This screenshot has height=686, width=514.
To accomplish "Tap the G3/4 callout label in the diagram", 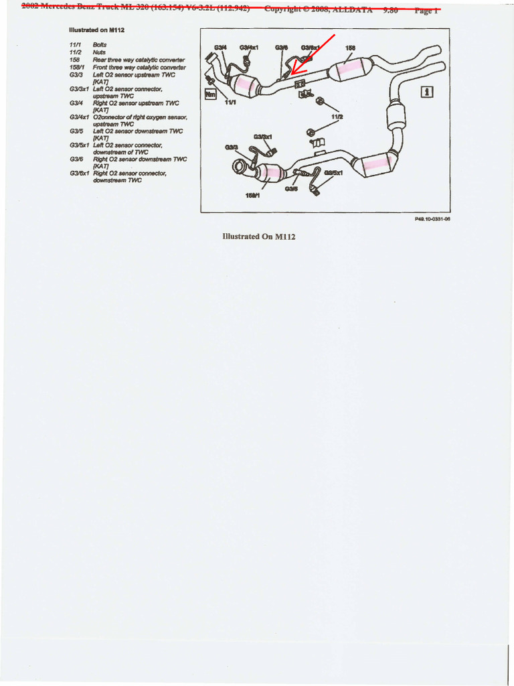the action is pyautogui.click(x=220, y=48).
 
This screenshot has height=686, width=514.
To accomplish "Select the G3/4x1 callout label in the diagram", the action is pyautogui.click(x=249, y=48).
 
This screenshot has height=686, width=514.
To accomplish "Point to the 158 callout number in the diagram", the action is pyautogui.click(x=350, y=48).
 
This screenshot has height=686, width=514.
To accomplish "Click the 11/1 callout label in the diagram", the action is pyautogui.click(x=230, y=102).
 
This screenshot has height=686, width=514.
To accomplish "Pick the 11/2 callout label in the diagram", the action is pyautogui.click(x=337, y=117).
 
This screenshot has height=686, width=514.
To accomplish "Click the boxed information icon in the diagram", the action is pyautogui.click(x=426, y=92).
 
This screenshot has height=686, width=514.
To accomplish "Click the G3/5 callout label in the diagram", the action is pyautogui.click(x=291, y=189).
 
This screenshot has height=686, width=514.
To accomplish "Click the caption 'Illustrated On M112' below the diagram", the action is pyautogui.click(x=258, y=236).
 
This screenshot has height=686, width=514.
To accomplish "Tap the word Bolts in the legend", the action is pyautogui.click(x=100, y=44).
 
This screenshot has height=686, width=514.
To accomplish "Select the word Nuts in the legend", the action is pyautogui.click(x=99, y=52).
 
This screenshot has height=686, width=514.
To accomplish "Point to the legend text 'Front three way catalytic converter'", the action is pyautogui.click(x=139, y=67).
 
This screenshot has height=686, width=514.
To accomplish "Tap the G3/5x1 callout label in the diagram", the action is pyautogui.click(x=333, y=173).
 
